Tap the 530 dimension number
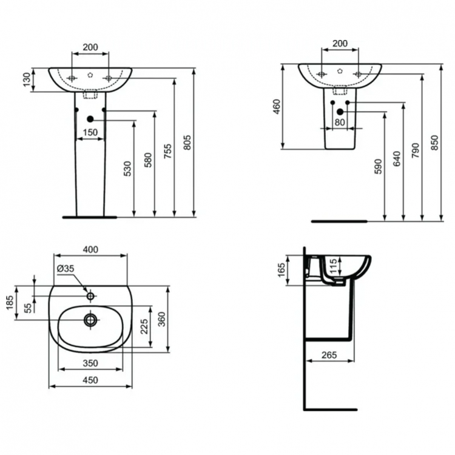127,169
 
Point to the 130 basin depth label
25,79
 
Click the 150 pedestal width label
90,132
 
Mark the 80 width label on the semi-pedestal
339,123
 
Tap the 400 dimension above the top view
90,249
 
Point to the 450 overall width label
90,380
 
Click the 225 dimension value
144,328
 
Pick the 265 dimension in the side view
329,354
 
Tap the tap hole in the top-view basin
90,296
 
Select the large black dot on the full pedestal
90,120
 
